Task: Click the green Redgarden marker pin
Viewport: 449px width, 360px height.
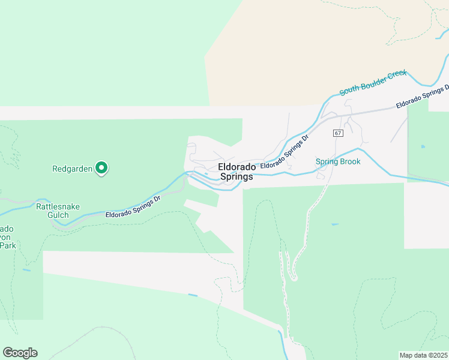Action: click(102, 169)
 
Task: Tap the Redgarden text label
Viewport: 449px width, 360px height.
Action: click(72, 169)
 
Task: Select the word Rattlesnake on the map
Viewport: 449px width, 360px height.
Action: click(58, 207)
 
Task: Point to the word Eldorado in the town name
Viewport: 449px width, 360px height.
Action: click(237, 167)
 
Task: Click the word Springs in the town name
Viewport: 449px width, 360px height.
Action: click(237, 177)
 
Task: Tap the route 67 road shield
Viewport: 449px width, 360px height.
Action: click(338, 133)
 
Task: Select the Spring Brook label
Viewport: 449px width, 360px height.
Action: click(338, 162)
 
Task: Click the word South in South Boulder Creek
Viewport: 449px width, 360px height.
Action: click(350, 91)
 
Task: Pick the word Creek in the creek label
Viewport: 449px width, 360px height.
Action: click(397, 75)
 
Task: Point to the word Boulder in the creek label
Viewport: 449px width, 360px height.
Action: click(373, 83)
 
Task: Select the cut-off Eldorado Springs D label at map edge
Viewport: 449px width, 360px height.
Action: click(422, 97)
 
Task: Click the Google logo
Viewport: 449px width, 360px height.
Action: click(20, 353)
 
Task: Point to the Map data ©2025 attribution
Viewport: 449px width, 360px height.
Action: click(423, 355)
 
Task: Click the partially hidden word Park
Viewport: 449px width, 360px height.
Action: click(6, 245)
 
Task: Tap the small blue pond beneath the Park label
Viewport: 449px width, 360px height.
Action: click(26, 270)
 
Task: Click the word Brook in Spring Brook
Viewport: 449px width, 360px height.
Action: click(349, 162)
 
